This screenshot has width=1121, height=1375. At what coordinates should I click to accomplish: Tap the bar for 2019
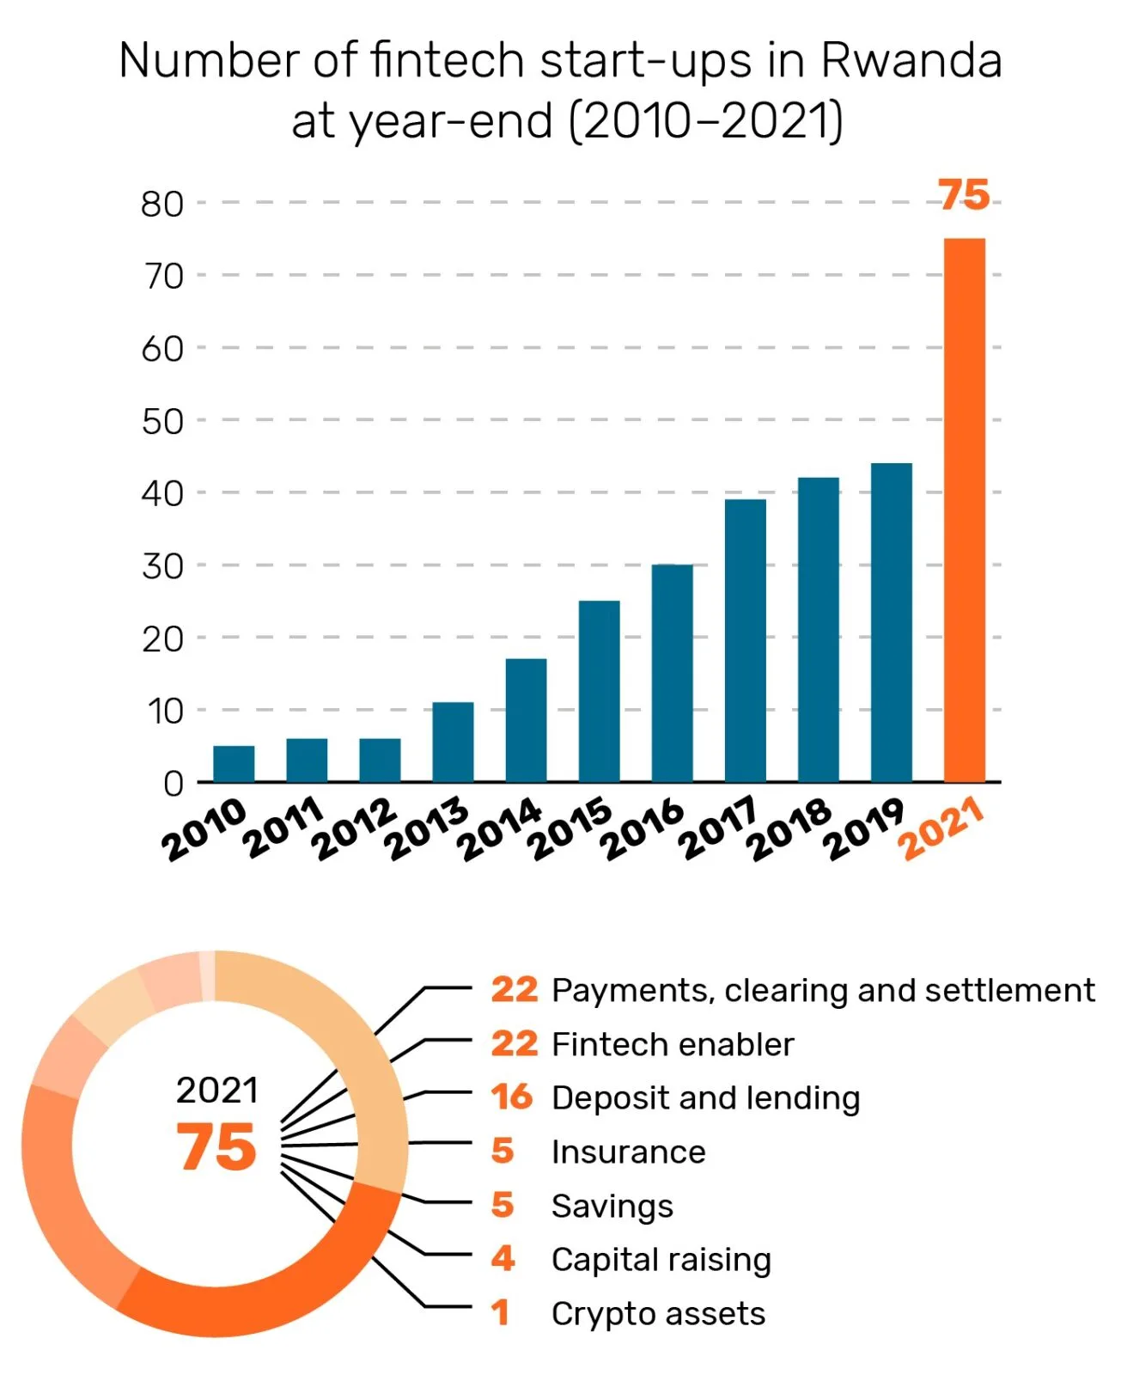pyautogui.click(x=891, y=622)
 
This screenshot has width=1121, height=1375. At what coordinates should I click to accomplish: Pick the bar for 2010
pyautogui.click(x=234, y=764)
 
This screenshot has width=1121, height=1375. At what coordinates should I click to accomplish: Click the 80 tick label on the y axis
pyautogui.click(x=162, y=205)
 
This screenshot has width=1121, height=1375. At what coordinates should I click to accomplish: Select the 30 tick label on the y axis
pyautogui.click(x=162, y=567)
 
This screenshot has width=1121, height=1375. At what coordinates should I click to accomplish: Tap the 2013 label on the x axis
pyautogui.click(x=427, y=828)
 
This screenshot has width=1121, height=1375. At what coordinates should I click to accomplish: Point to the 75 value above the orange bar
pyautogui.click(x=963, y=195)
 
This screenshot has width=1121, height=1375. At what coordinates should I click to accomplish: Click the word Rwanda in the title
pyautogui.click(x=911, y=61)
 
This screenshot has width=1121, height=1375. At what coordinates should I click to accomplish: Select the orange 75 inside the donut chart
pyautogui.click(x=216, y=1147)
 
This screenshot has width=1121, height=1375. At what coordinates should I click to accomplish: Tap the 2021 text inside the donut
pyautogui.click(x=216, y=1091)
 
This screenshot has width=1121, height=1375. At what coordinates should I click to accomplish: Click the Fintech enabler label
pyautogui.click(x=673, y=1044)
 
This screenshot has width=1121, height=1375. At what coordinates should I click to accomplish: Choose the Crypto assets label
pyautogui.click(x=658, y=1313)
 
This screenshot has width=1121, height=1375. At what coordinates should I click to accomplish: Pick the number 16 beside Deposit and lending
pyautogui.click(x=512, y=1097)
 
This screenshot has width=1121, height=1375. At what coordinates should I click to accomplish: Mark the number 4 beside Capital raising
pyautogui.click(x=503, y=1259)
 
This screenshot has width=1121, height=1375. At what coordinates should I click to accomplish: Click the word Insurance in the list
pyautogui.click(x=628, y=1152)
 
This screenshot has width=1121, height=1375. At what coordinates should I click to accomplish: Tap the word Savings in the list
pyautogui.click(x=612, y=1207)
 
